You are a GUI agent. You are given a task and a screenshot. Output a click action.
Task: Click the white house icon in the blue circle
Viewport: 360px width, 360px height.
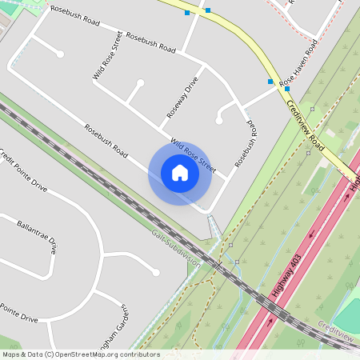click(180, 173)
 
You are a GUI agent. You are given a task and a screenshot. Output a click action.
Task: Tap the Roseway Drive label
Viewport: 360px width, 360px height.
click(182, 98)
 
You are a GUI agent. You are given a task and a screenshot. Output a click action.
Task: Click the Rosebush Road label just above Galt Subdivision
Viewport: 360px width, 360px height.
click(106, 139)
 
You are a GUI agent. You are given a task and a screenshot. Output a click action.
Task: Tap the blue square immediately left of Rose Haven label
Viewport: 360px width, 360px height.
click(270, 82)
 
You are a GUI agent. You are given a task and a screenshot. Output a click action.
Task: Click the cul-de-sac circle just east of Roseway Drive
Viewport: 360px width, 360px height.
click(218, 121)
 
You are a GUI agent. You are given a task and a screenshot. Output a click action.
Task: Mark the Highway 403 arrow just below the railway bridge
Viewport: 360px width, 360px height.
click(270, 320)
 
